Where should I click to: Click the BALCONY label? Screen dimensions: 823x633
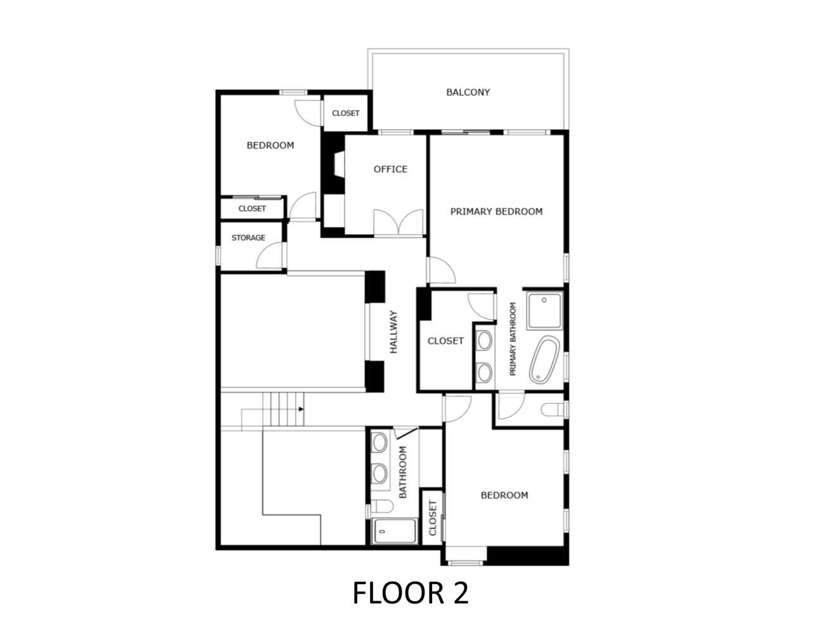[468, 92]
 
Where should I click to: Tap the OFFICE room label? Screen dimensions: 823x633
[390, 169]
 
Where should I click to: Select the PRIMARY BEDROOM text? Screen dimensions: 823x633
[496, 211]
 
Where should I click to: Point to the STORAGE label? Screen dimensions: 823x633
[248, 237]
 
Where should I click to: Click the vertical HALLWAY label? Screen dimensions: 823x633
[394, 332]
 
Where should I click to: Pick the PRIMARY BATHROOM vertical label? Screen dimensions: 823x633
[513, 339]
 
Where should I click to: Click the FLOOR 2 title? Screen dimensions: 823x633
[411, 593]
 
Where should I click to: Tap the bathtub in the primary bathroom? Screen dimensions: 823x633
[544, 359]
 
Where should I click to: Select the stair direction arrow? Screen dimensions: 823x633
[301, 409]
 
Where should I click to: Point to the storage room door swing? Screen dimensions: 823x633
[270, 255]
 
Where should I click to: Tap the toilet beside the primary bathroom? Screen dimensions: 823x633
[553, 410]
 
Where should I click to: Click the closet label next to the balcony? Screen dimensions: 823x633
[345, 113]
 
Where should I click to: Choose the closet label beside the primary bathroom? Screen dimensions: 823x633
[445, 341]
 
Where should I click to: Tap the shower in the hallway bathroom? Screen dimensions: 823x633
[394, 531]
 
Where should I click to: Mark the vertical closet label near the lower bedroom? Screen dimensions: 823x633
[432, 518]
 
